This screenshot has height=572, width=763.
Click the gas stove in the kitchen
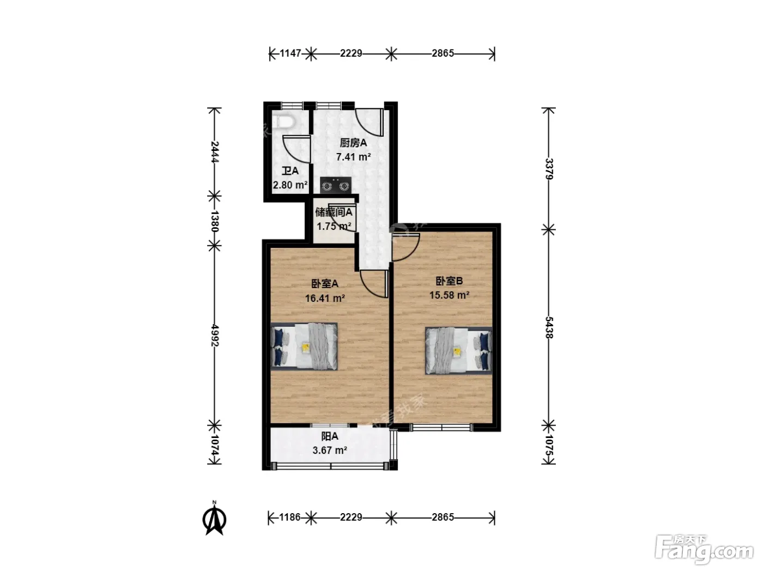(335, 185)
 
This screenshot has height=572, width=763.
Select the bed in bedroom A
(304, 346)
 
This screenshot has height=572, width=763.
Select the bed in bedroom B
(458, 350)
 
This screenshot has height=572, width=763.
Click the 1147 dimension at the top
(290, 53)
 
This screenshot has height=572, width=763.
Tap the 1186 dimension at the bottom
(290, 518)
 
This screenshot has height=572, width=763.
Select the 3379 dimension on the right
(548, 169)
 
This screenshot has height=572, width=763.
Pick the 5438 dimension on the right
(548, 327)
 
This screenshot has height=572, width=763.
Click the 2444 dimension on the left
(215, 152)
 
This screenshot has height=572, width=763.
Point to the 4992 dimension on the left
(215, 336)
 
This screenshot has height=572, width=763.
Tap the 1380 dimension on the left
(215, 221)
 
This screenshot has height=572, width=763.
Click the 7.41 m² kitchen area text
(354, 157)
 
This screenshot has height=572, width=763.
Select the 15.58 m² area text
(450, 295)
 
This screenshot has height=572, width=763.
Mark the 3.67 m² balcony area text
(330, 451)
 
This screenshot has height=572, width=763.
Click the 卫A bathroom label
(290, 171)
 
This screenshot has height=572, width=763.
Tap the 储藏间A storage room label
(334, 212)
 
